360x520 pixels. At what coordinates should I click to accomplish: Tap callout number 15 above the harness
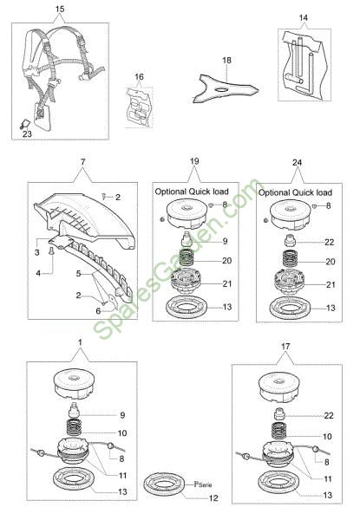[60, 9]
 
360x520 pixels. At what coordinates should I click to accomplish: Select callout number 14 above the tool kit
[304, 17]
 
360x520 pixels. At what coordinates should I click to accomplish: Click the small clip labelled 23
[24, 124]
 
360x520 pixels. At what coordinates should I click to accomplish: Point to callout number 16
[140, 76]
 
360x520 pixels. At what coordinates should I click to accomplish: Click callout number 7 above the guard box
[82, 162]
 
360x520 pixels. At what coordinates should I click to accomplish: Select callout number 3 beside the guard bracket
[36, 252]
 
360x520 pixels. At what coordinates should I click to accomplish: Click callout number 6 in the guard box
[98, 311]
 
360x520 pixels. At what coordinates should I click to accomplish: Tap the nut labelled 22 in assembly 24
[291, 240]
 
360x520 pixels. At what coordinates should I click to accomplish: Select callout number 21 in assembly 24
[331, 284]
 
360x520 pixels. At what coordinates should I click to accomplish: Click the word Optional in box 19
[171, 192]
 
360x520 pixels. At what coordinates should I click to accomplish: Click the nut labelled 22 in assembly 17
[280, 414]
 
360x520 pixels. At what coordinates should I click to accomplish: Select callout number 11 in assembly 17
[328, 478]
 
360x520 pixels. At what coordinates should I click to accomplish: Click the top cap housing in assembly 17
[279, 387]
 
